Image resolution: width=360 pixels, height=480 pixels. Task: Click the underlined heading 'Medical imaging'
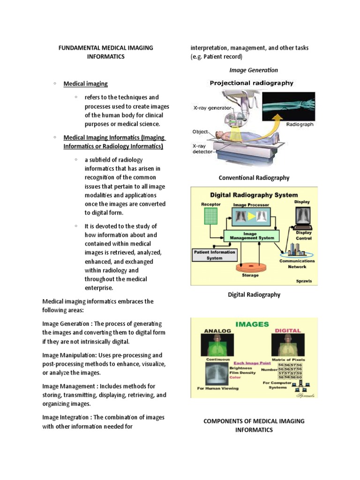pos(85,84)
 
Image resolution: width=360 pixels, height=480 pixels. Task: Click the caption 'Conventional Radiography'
pos(254,178)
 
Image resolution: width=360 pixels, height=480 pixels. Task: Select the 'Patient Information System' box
pos(215,255)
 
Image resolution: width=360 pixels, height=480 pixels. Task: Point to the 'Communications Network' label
pos(297,264)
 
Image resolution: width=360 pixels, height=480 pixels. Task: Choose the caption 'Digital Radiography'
pos(254,294)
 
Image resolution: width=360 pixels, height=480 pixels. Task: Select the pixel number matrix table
pos(290,371)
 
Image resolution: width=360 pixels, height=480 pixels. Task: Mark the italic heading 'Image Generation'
pos(254,70)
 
